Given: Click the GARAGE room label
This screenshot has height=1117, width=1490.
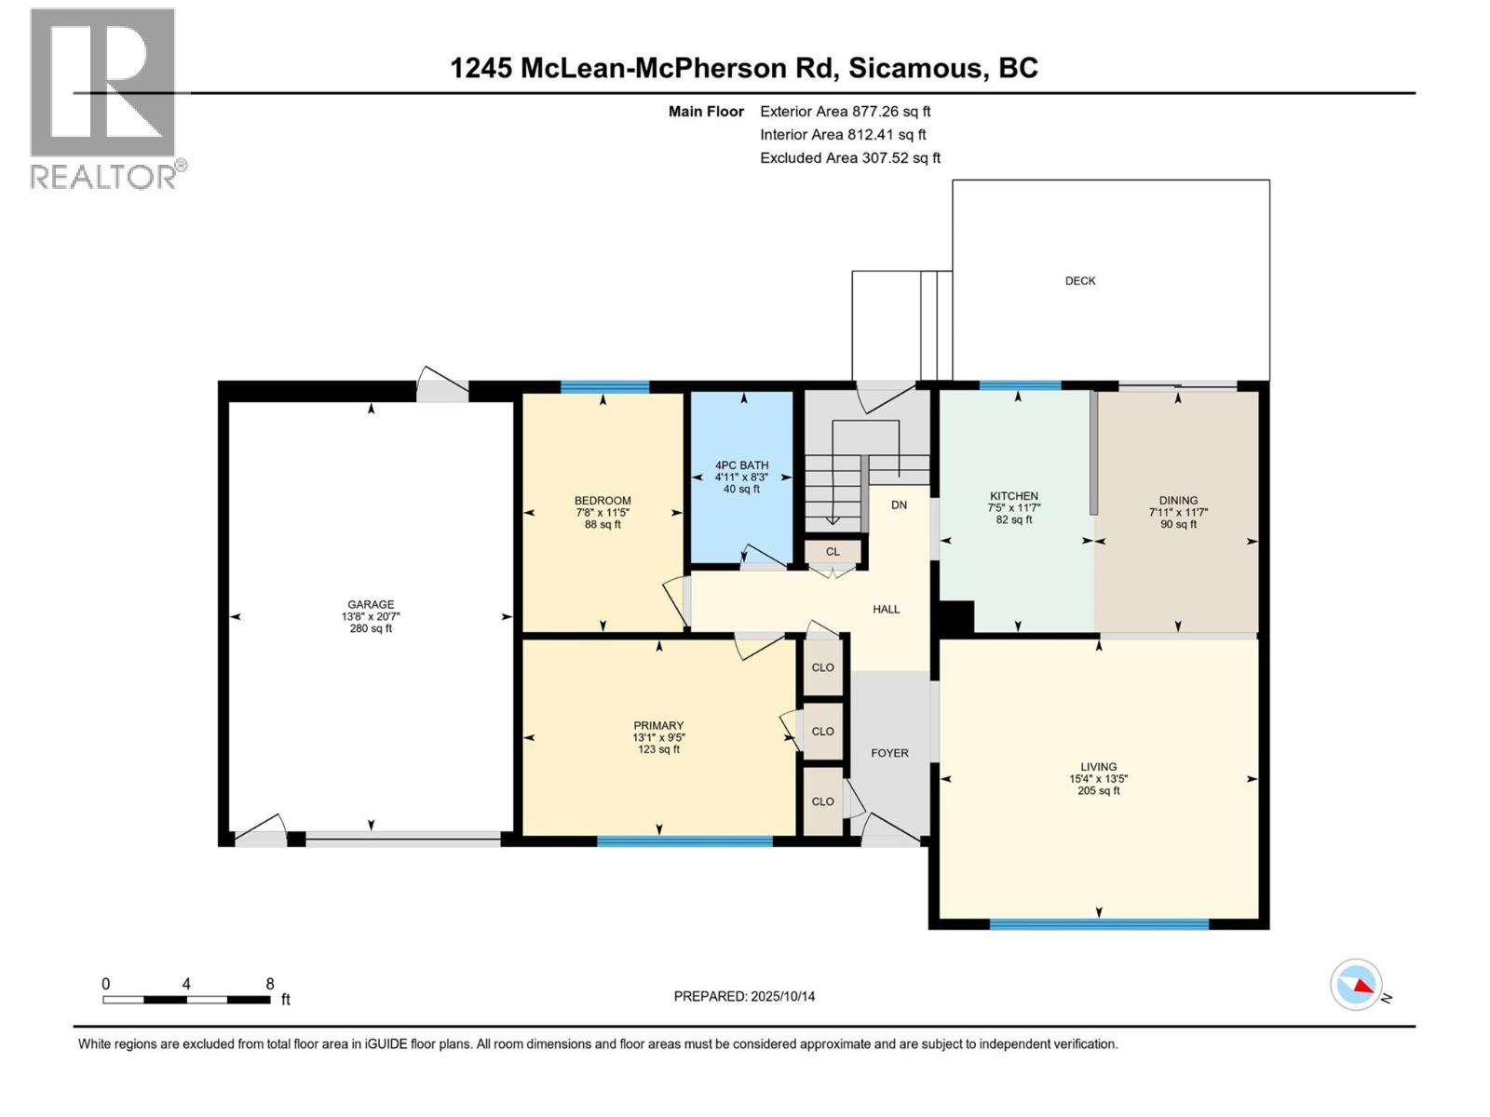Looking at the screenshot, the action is tap(370, 603).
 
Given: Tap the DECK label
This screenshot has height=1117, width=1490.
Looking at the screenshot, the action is tap(1080, 281).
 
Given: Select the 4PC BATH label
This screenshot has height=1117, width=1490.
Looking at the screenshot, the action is tap(741, 465).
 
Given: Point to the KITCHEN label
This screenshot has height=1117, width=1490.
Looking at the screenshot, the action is tap(1013, 496).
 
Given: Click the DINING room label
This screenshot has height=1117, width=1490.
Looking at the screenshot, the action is tap(1178, 501).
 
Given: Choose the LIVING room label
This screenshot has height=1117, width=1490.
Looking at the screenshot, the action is tap(1098, 766).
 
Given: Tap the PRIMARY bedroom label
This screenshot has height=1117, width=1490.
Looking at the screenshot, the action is tap(658, 725).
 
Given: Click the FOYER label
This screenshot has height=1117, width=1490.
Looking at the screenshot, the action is tap(889, 753).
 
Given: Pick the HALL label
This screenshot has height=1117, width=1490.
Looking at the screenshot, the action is tap(886, 609).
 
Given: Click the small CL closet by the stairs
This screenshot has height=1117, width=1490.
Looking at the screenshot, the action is tap(833, 551).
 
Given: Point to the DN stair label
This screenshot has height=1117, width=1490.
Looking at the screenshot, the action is tap(899, 505).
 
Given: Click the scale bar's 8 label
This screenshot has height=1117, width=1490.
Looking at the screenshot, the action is tap(269, 983).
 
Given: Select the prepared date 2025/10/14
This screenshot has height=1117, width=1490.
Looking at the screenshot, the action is tap(782, 996).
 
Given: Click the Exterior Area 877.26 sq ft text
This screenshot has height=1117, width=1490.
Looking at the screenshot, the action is tap(846, 111).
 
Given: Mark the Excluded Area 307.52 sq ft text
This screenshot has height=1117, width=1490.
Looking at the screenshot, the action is tap(850, 158).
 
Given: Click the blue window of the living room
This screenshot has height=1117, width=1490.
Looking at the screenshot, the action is tap(1099, 923).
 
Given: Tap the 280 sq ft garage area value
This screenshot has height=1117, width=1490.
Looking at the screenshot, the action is tap(370, 628).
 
